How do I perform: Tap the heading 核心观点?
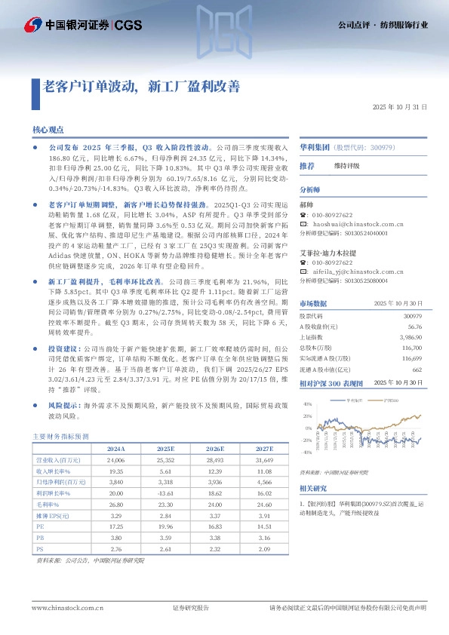[48, 130]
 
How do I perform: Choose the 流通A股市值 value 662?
[416, 370]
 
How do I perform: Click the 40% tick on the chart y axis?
[307, 404]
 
